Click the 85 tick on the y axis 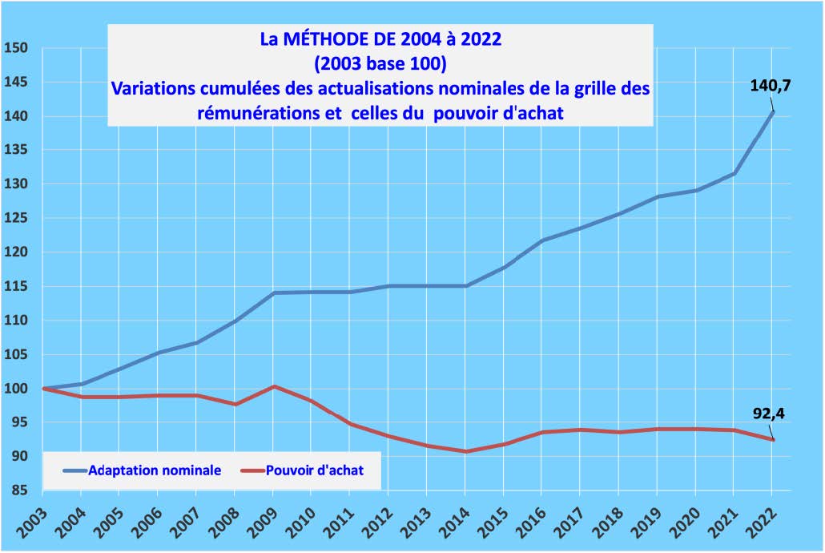[x=20, y=490]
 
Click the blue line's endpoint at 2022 [x=773, y=111]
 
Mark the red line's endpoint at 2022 [x=773, y=439]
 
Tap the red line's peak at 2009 [x=274, y=386]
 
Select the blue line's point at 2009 [x=274, y=293]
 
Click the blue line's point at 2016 [x=542, y=240]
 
